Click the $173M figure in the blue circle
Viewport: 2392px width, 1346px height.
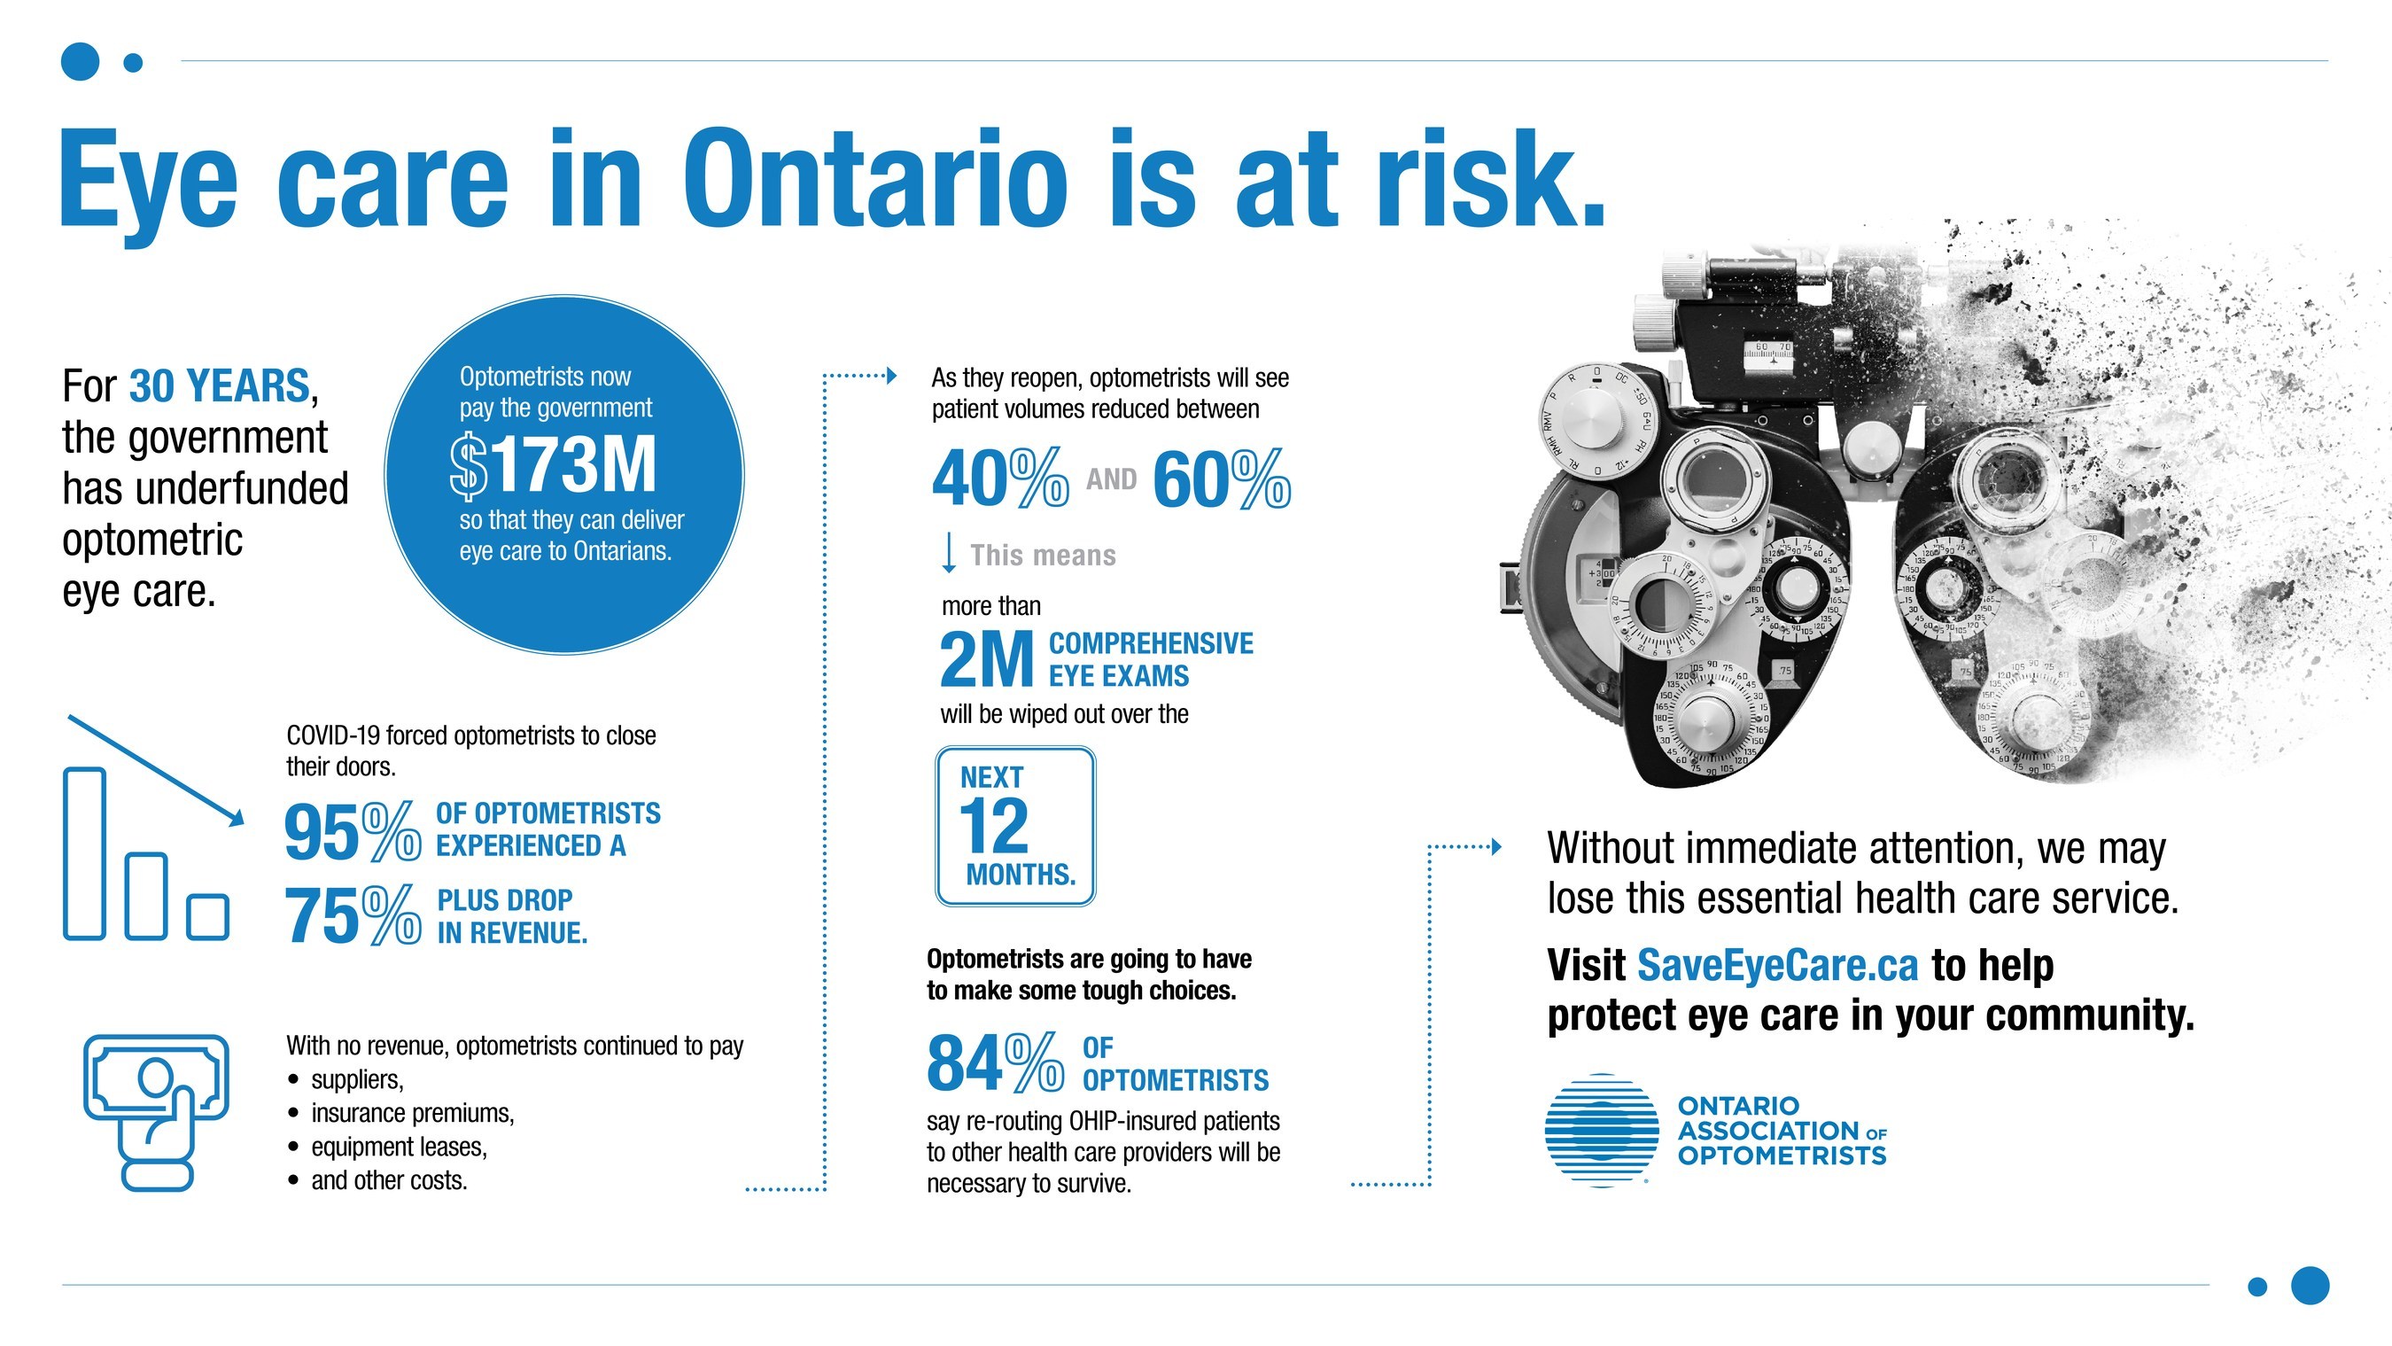coord(554,465)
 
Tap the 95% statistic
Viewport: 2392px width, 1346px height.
coord(353,831)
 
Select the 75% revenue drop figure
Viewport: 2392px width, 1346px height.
coord(353,915)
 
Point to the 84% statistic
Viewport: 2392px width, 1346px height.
coord(996,1062)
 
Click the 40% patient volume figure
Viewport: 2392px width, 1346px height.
coord(1000,478)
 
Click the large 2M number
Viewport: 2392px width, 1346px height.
coord(986,658)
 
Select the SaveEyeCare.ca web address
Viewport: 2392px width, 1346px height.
coord(1777,965)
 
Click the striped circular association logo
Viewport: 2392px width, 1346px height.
coord(1602,1131)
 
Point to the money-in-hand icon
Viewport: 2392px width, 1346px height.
coord(156,1112)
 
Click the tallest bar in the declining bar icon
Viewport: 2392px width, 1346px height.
coord(84,852)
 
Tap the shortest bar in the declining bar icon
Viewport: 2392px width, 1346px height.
coord(208,917)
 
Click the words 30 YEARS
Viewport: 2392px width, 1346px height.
coord(219,385)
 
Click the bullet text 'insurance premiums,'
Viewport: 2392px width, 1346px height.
coord(412,1113)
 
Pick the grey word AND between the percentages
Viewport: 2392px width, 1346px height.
coord(1112,479)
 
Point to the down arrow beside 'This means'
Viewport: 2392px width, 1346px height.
coord(948,553)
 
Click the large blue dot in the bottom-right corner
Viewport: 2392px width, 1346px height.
coord(2310,1286)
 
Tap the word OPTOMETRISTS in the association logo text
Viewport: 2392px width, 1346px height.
coord(1782,1155)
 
